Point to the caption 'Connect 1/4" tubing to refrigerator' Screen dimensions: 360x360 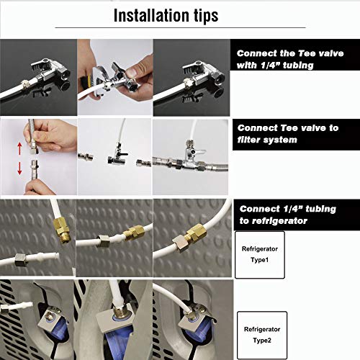(288, 214)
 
